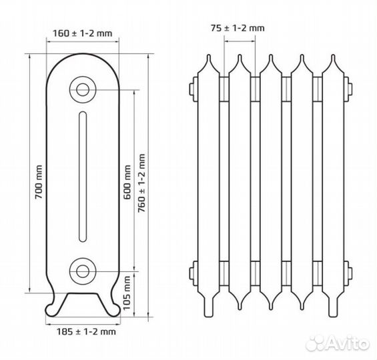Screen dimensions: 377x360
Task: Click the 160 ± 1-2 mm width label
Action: click(x=83, y=33)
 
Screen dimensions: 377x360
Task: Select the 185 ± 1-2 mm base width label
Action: click(x=86, y=331)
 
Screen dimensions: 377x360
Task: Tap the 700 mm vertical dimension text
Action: click(x=39, y=182)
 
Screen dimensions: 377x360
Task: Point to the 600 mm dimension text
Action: click(x=127, y=182)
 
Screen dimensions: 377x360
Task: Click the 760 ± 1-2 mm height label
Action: click(x=141, y=183)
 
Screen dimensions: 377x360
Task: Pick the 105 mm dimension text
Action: click(x=127, y=293)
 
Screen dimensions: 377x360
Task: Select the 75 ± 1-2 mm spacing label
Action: click(x=238, y=28)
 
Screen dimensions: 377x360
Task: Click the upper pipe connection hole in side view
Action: click(x=83, y=90)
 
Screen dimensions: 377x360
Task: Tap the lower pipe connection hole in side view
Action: click(x=83, y=271)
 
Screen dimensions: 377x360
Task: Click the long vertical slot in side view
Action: click(x=83, y=177)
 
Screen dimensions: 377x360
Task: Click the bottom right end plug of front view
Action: click(x=348, y=273)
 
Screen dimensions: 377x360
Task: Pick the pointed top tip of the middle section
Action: click(x=271, y=55)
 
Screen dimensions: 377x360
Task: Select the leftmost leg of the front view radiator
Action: click(x=208, y=305)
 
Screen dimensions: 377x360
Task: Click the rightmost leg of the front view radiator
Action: click(x=333, y=305)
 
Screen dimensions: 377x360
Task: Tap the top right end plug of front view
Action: click(x=348, y=89)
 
